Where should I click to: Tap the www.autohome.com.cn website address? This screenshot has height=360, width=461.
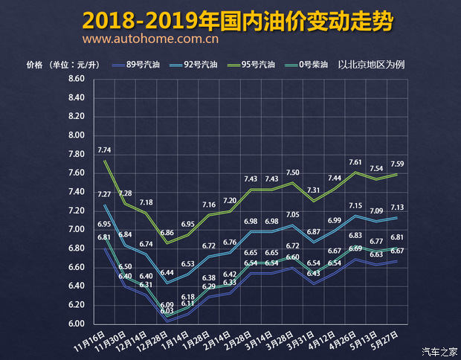150,39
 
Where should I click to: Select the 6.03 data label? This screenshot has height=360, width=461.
167,311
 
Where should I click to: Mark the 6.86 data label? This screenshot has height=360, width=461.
167,233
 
